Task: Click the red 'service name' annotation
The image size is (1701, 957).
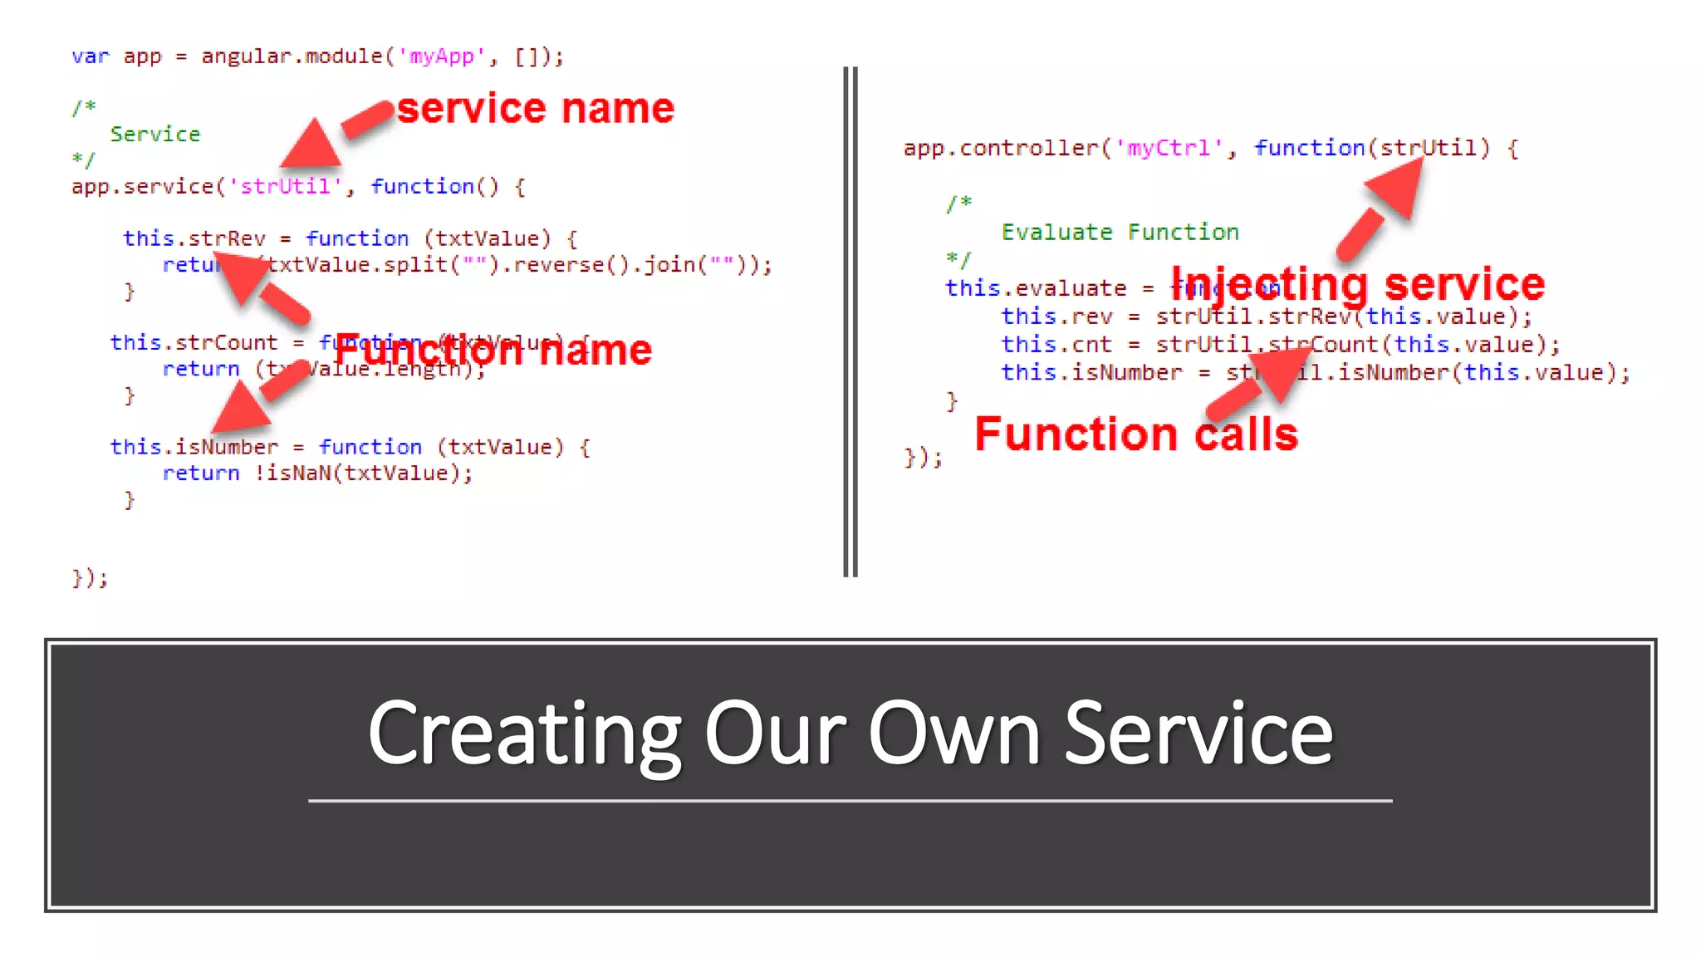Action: click(535, 109)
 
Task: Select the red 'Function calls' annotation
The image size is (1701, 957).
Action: click(1135, 434)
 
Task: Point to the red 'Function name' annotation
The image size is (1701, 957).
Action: click(493, 350)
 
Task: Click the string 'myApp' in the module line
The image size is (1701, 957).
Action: click(441, 56)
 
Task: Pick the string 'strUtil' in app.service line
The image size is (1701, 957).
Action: click(285, 186)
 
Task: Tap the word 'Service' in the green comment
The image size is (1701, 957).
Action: click(154, 134)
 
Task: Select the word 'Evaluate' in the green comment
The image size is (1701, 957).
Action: click(1056, 232)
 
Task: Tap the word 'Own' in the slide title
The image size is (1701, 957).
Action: click(954, 734)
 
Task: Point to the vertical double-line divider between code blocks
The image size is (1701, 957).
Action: click(850, 322)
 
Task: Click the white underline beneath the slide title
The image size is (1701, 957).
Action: click(850, 801)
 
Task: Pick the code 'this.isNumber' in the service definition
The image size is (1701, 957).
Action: click(194, 447)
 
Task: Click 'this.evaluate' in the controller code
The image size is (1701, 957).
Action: click(1036, 288)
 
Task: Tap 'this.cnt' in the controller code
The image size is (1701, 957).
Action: click(1056, 344)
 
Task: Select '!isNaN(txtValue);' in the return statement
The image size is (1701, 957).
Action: click(363, 473)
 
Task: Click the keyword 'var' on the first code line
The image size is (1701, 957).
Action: click(90, 56)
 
